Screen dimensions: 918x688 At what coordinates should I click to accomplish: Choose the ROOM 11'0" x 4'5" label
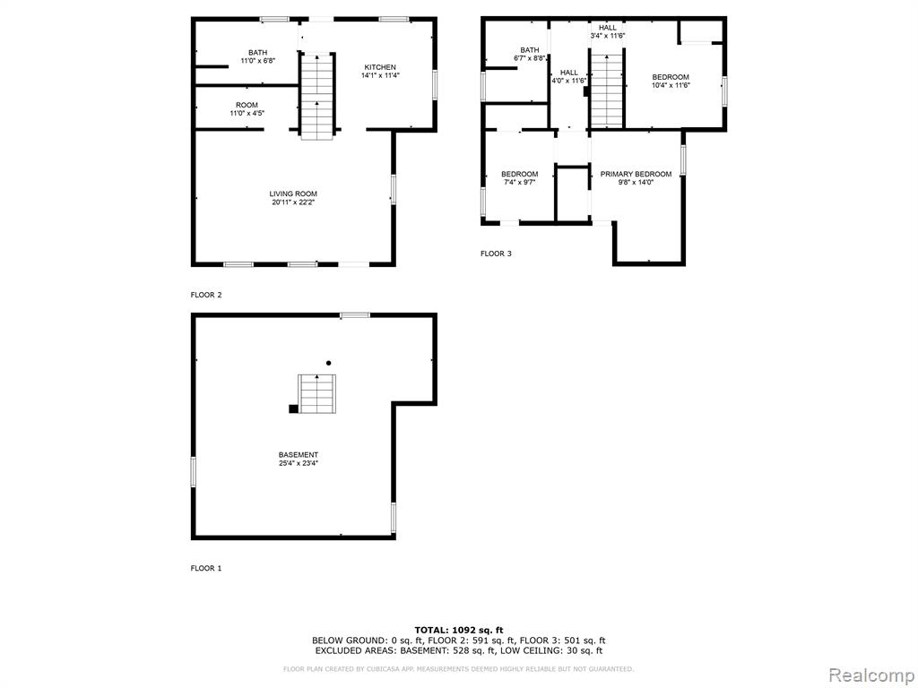(247, 109)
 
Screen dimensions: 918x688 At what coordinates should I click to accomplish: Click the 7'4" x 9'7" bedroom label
(519, 178)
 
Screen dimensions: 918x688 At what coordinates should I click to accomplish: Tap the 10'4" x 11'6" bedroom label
(671, 81)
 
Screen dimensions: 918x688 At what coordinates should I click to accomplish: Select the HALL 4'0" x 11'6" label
(569, 77)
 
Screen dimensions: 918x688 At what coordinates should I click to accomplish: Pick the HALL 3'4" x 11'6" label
(608, 31)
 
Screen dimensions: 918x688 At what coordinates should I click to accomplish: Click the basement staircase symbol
(316, 394)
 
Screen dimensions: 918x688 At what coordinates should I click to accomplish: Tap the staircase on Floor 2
(317, 97)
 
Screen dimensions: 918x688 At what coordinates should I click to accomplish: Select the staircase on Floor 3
(607, 90)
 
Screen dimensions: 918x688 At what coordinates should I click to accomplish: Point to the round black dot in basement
(328, 363)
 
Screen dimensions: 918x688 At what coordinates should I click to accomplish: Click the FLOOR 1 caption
(206, 568)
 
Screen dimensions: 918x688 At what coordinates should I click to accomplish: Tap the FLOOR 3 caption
(496, 254)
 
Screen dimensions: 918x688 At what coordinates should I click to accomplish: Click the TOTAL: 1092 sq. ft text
(459, 630)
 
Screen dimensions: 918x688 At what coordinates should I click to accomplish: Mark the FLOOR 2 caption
(206, 295)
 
